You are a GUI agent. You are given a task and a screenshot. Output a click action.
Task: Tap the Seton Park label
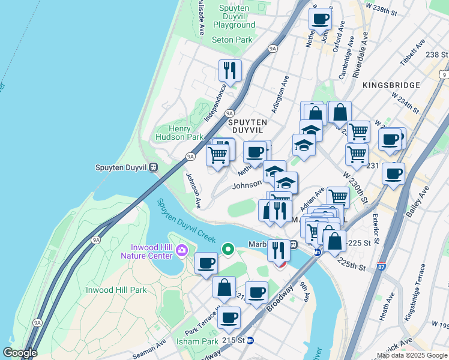(x=232, y=40)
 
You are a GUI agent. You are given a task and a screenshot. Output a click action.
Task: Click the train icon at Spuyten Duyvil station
(x=154, y=168)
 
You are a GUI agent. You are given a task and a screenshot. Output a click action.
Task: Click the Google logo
(x=20, y=353)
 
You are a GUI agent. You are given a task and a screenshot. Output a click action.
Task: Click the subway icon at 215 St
(x=250, y=341)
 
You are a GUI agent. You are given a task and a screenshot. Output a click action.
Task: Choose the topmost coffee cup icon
(x=320, y=19)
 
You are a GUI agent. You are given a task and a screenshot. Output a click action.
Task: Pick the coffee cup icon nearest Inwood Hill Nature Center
(x=206, y=263)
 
